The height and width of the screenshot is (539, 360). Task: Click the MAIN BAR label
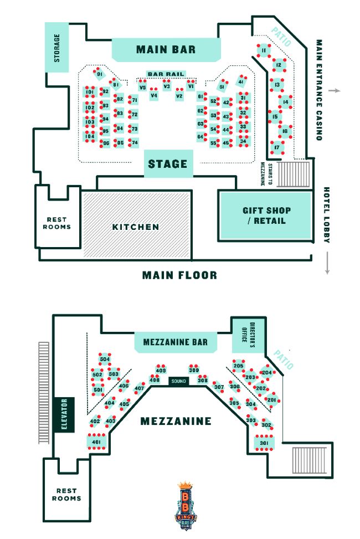166,50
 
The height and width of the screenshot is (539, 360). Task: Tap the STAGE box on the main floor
168,164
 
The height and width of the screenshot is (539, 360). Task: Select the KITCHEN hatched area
136,227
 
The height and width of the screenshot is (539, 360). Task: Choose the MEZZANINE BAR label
175,342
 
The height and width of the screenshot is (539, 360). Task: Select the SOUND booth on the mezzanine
179,381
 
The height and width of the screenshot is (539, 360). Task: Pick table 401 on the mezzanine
96,442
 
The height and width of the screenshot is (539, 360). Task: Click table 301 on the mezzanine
264,443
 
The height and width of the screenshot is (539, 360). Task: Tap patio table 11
264,51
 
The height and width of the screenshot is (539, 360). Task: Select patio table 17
277,147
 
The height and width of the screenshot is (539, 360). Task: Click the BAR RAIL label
165,74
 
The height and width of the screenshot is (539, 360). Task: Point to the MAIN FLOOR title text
179,275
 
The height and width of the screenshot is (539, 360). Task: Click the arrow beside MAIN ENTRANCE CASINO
332,90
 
